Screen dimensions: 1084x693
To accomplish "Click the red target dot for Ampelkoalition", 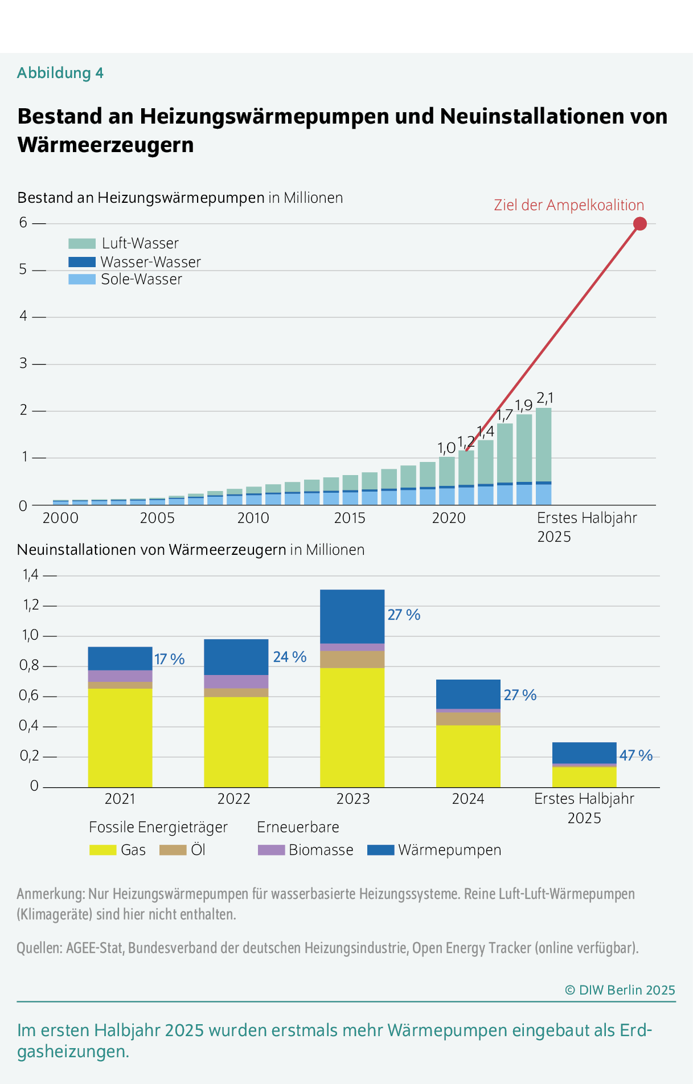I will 640,224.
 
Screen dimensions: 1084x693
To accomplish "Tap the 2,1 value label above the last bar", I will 545,398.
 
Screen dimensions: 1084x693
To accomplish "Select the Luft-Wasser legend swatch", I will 82,244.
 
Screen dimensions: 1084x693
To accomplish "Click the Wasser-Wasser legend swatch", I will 82,262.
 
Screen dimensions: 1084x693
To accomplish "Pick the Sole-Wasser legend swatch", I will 82,280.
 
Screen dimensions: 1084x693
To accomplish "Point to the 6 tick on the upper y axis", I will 23,223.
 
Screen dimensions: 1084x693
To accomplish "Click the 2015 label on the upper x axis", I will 350,518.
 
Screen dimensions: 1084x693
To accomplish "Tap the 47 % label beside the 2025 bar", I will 636,755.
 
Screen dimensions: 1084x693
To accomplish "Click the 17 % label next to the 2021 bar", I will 170,659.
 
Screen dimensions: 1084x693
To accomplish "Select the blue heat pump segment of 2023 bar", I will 352,616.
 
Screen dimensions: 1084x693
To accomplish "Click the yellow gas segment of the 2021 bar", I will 120,738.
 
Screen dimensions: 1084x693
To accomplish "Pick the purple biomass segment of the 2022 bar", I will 236,681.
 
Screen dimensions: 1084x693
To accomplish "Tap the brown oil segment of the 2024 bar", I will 468,719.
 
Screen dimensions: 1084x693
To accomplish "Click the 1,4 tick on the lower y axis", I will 30,575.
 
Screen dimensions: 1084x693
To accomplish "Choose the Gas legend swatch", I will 102,850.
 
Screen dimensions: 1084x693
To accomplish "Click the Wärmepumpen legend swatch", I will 380,850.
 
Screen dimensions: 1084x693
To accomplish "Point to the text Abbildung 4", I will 60,73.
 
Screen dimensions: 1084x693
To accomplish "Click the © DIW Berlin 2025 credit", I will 620,990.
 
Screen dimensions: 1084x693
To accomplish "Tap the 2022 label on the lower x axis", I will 233,799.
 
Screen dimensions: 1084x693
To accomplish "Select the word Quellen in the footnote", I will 38,948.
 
